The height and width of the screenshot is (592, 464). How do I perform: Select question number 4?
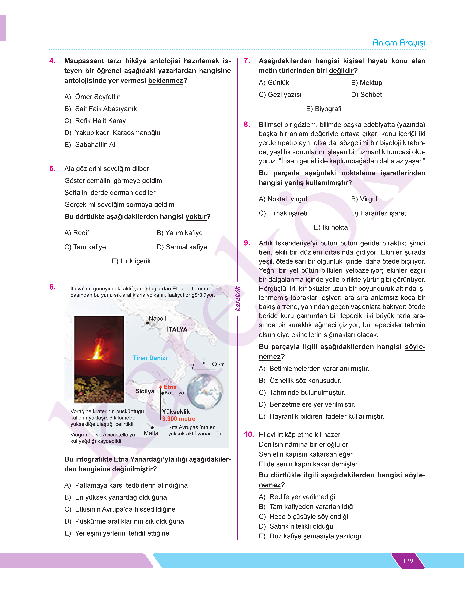[x=52, y=61]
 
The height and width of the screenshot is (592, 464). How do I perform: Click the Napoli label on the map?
[x=157, y=318]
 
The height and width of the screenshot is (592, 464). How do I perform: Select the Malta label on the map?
[x=151, y=433]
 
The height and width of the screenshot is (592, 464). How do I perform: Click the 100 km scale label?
[x=217, y=364]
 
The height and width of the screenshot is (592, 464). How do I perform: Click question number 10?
[x=249, y=434]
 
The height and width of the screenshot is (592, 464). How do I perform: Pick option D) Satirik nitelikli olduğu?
[x=296, y=526]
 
